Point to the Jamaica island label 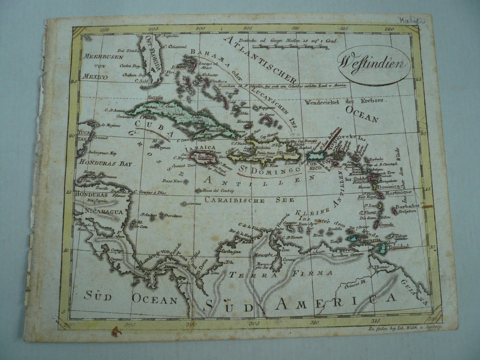pyautogui.click(x=201, y=148)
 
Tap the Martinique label pyautogui.click(x=398, y=192)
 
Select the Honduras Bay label pyautogui.click(x=104, y=163)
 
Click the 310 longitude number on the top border pyautogui.click(x=296, y=29)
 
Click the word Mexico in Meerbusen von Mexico pyautogui.click(x=95, y=77)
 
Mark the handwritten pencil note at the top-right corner pyautogui.click(x=409, y=20)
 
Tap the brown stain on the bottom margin pyautogui.click(x=117, y=331)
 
